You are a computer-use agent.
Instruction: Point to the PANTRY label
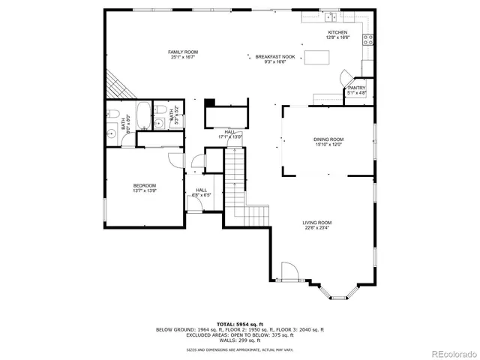point(356,88)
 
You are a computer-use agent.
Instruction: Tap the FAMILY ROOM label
point(184,52)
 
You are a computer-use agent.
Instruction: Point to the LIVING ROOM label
point(317,223)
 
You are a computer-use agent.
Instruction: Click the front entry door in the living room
point(286,271)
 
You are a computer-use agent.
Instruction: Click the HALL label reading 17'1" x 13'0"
point(229,134)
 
